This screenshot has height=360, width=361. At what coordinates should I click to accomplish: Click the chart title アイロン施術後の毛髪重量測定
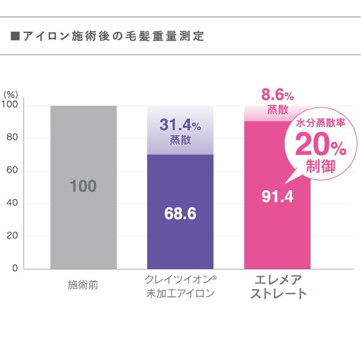[x=113, y=37]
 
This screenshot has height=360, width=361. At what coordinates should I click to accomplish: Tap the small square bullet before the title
[x=16, y=37]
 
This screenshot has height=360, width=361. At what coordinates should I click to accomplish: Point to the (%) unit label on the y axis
[x=11, y=95]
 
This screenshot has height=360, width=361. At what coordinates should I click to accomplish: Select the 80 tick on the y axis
[x=13, y=138]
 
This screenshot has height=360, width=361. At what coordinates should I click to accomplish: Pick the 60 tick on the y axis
[x=13, y=171]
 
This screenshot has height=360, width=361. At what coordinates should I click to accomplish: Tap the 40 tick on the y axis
[x=13, y=203]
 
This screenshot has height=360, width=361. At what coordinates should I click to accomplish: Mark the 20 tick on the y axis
[x=13, y=236]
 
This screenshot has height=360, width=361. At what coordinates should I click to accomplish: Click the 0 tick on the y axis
[x=15, y=269]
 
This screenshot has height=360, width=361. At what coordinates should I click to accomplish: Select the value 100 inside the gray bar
[x=83, y=187]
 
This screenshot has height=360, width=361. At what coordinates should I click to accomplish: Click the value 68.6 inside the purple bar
[x=180, y=213]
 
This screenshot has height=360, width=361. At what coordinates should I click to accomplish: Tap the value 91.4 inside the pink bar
[x=277, y=196]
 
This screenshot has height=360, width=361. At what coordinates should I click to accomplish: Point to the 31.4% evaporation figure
[x=180, y=125]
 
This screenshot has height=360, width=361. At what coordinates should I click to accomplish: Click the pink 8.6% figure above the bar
[x=277, y=95]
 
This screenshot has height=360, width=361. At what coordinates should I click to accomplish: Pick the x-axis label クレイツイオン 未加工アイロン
[x=180, y=287]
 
